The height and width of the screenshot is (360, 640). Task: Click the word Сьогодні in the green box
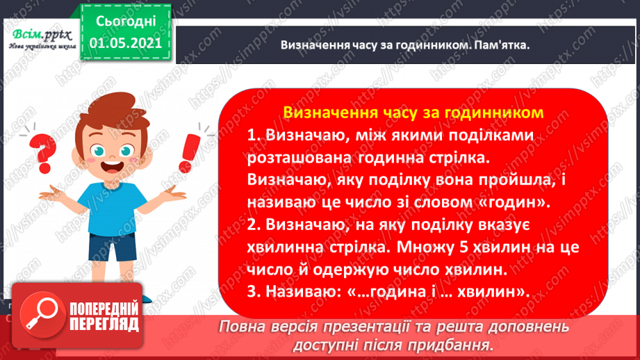126,22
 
